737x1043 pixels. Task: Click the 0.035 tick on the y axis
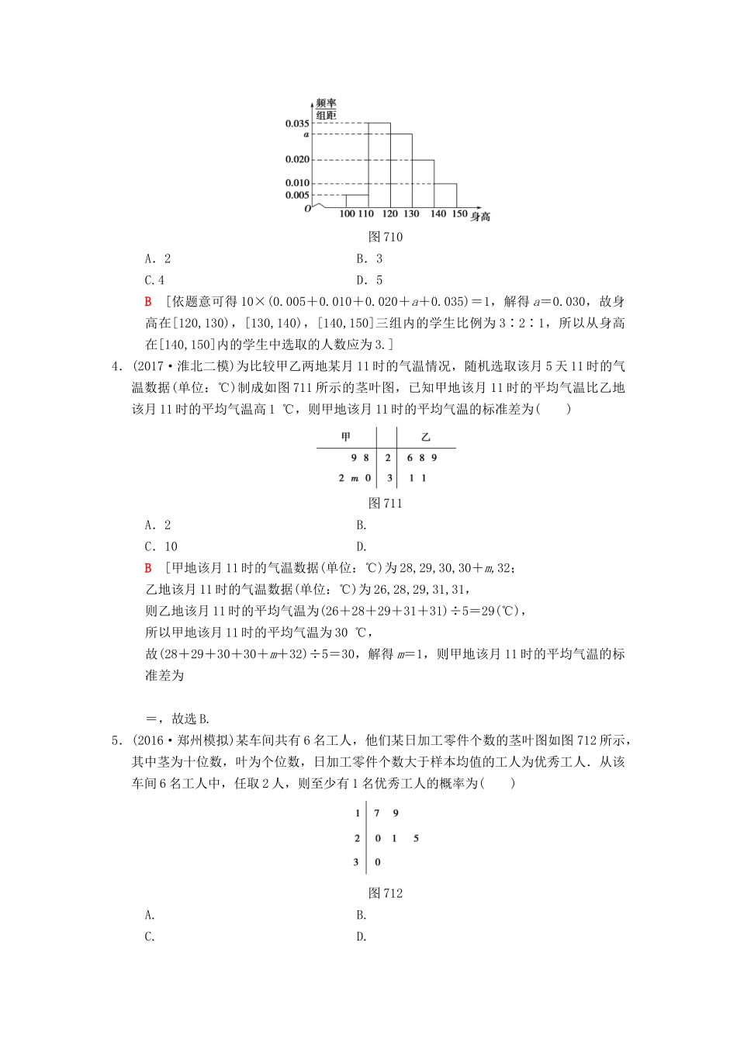tap(297, 123)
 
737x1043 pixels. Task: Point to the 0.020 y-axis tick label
tap(297, 160)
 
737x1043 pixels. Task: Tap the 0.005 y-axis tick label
tap(297, 195)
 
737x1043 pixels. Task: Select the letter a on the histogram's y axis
tap(306, 134)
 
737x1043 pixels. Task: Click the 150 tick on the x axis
tap(459, 213)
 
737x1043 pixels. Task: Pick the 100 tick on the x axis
tap(348, 213)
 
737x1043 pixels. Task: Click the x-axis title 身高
tap(481, 217)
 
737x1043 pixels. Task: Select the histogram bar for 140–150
tap(445, 196)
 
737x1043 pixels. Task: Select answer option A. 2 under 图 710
tap(158, 259)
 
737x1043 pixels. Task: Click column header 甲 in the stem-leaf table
tap(347, 438)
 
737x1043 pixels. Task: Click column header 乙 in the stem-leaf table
tap(425, 438)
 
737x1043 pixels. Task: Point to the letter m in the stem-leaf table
tap(355, 478)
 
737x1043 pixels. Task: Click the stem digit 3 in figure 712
tap(357, 862)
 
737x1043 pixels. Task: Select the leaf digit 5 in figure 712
tap(416, 838)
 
